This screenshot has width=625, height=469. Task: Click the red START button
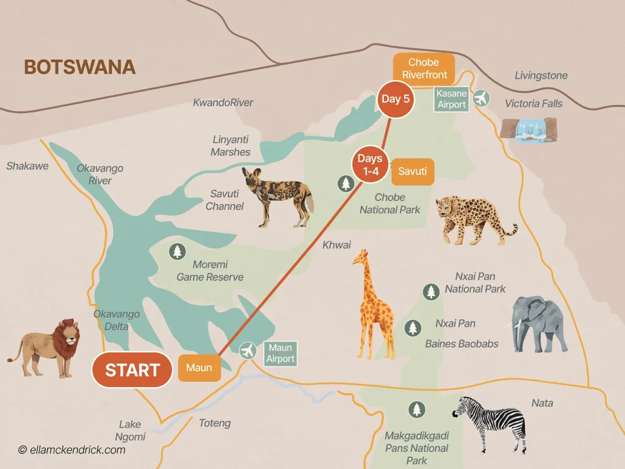point(132,370)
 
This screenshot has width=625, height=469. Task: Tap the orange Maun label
point(200,368)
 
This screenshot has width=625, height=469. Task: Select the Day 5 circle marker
point(395,99)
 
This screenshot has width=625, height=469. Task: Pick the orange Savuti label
point(412,172)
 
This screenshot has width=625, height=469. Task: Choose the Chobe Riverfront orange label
point(424,68)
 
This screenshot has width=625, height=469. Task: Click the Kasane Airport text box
point(452,99)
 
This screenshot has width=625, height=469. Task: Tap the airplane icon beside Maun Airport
point(247,351)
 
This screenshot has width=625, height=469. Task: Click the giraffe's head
point(360,257)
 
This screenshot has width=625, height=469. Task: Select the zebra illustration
point(494,421)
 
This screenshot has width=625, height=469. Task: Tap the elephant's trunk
point(519,333)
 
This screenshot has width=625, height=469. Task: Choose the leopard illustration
point(473,217)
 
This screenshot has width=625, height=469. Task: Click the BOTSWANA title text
point(79,67)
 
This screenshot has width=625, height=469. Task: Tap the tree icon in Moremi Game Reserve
point(177,251)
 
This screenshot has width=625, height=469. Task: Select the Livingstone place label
point(541,76)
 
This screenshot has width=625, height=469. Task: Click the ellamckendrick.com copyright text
point(72,450)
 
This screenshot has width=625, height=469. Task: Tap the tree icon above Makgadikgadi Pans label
point(417,409)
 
